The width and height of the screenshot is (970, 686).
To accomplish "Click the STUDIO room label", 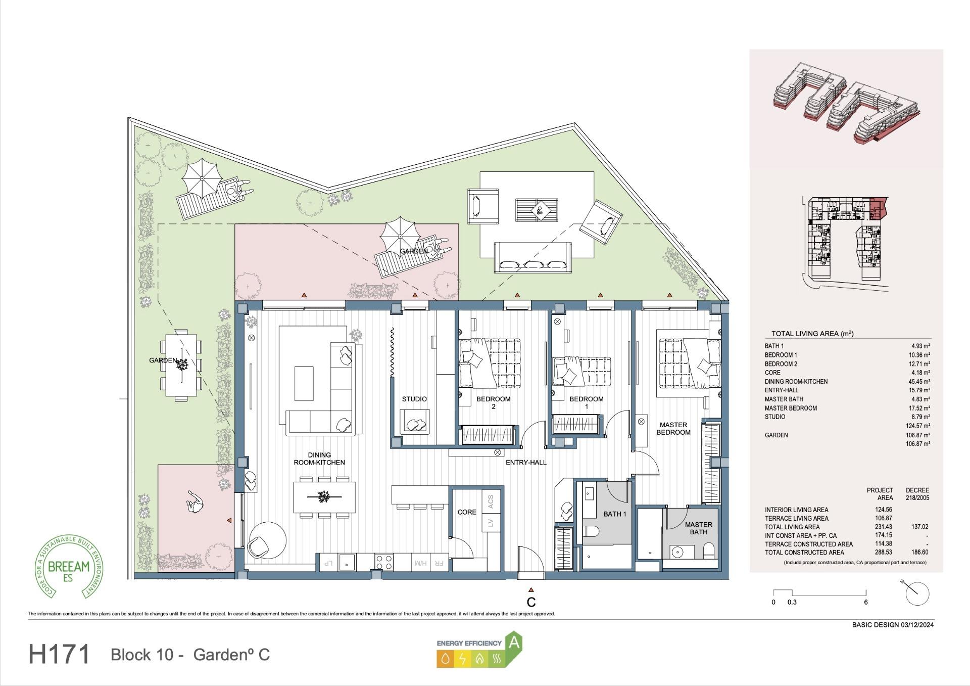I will click(414, 399).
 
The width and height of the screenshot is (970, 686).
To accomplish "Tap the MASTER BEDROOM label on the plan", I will click(673, 429).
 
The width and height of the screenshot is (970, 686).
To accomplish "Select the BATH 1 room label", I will click(614, 514).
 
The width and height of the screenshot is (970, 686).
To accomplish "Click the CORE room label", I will click(466, 512).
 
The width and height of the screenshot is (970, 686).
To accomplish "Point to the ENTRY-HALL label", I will click(526, 462).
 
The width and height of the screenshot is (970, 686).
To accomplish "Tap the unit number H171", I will click(60, 654).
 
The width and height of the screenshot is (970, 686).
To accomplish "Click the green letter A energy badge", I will click(514, 643).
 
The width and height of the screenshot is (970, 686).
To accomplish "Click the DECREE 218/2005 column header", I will click(917, 494).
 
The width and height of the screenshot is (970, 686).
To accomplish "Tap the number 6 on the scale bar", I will click(865, 602).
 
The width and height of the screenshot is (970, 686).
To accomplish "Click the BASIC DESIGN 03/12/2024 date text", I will click(892, 624).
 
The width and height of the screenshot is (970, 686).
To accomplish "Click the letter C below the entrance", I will click(531, 602).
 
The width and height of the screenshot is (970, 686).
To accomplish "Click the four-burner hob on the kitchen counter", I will click(384, 561).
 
